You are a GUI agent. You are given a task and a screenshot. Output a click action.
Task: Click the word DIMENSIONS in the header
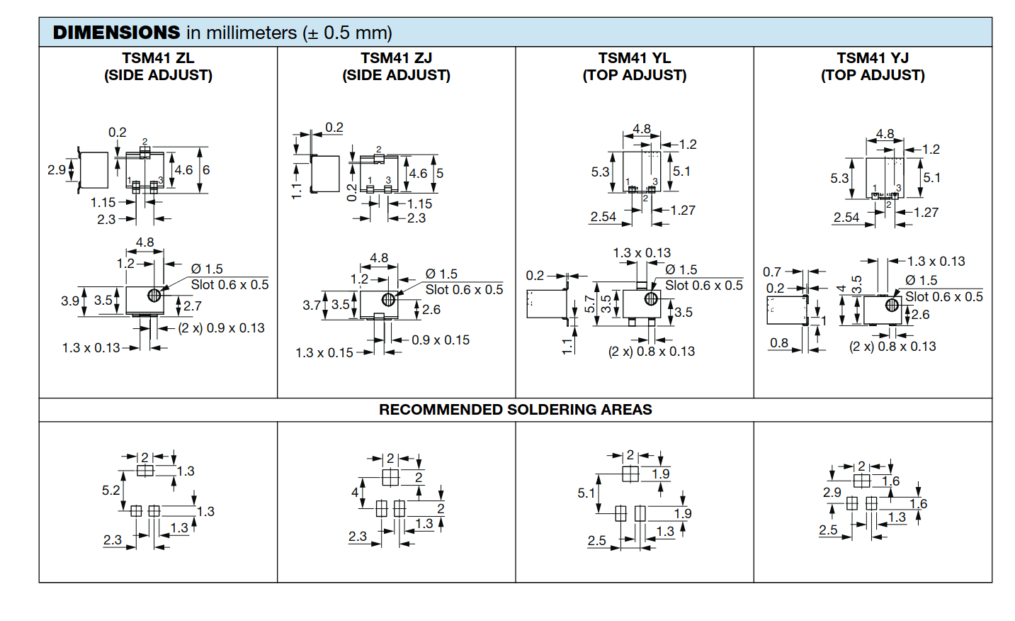pos(116,33)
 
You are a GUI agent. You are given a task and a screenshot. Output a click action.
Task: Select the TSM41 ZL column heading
pos(158,58)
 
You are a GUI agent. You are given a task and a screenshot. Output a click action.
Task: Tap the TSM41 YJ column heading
pos(873,58)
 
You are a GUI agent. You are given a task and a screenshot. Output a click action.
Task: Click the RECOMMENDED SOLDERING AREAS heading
pos(515,410)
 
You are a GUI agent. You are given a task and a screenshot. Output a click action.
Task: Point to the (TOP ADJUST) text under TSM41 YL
pos(635,75)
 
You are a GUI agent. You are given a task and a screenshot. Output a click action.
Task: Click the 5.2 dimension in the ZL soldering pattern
pos(110,491)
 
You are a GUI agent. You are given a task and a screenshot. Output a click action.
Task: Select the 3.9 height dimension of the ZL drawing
pos(69,301)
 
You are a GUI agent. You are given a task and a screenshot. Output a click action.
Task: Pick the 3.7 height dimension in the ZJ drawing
pos(312,306)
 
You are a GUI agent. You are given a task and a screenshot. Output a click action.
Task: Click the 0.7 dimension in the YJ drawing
pos(772,272)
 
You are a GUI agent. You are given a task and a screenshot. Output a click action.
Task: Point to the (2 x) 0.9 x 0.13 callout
pos(221,328)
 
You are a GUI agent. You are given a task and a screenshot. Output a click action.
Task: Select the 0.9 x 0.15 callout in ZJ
pos(441,340)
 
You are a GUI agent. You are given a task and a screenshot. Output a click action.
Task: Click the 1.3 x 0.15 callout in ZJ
pos(324,353)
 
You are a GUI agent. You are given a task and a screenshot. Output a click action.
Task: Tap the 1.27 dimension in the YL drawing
pos(683,211)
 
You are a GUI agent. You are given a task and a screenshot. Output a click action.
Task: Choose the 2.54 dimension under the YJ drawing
pos(846,218)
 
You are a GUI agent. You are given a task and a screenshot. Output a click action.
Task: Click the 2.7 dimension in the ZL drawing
pos(193,306)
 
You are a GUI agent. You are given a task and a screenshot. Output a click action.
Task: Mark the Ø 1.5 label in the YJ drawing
pos(922,280)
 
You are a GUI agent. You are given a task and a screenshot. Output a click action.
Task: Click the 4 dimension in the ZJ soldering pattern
pos(355,492)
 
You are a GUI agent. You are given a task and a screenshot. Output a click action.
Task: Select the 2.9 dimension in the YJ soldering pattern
pos(832,492)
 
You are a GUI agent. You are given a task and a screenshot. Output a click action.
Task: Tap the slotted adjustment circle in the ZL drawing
pos(154,296)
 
